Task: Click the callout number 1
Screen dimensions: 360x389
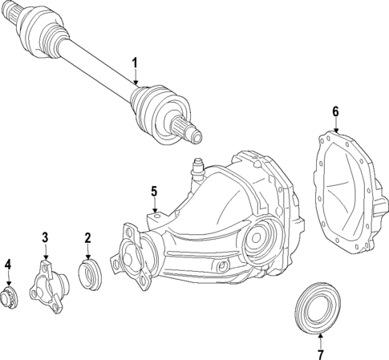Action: (136, 63)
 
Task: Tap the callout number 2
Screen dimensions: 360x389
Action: (88, 237)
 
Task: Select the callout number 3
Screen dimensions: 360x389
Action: (46, 237)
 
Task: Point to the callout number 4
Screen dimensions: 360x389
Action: (8, 265)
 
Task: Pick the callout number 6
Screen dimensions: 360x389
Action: (335, 111)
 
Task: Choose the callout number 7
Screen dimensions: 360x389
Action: (320, 354)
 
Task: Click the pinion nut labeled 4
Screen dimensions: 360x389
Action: (10, 299)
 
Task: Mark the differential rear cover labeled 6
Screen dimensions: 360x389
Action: (345, 192)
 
